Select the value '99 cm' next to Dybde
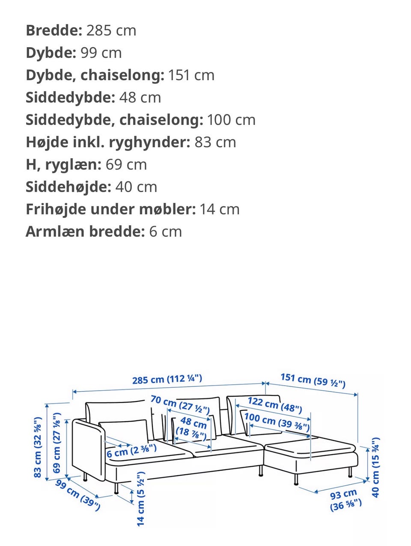101,53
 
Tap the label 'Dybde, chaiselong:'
95,75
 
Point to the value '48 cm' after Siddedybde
140,97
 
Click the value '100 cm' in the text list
231,120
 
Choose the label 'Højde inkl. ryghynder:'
107,142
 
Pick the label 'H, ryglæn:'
63,164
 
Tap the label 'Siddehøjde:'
68,187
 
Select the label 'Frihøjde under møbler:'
110,209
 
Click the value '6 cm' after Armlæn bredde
165,231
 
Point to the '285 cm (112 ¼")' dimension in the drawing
167,379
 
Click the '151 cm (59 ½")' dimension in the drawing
313,380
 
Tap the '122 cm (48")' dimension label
275,404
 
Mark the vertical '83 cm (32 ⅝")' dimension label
38,447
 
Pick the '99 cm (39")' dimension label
78,495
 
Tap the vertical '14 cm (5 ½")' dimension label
141,498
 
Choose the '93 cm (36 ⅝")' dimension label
345,500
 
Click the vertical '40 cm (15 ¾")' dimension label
375,467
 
